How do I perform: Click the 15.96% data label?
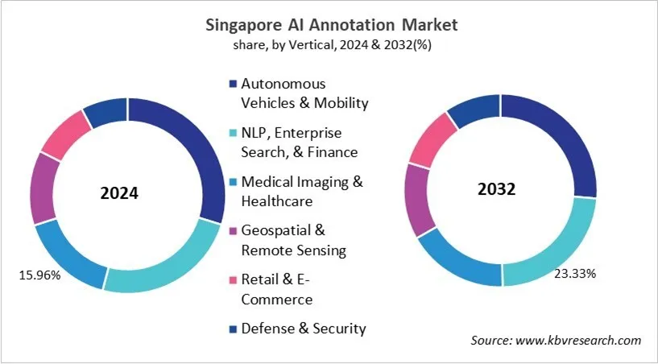39,276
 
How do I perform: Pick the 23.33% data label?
575,274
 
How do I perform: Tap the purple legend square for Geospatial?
233,231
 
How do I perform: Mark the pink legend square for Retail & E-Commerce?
233,280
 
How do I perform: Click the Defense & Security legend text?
304,328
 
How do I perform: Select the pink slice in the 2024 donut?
65,134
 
